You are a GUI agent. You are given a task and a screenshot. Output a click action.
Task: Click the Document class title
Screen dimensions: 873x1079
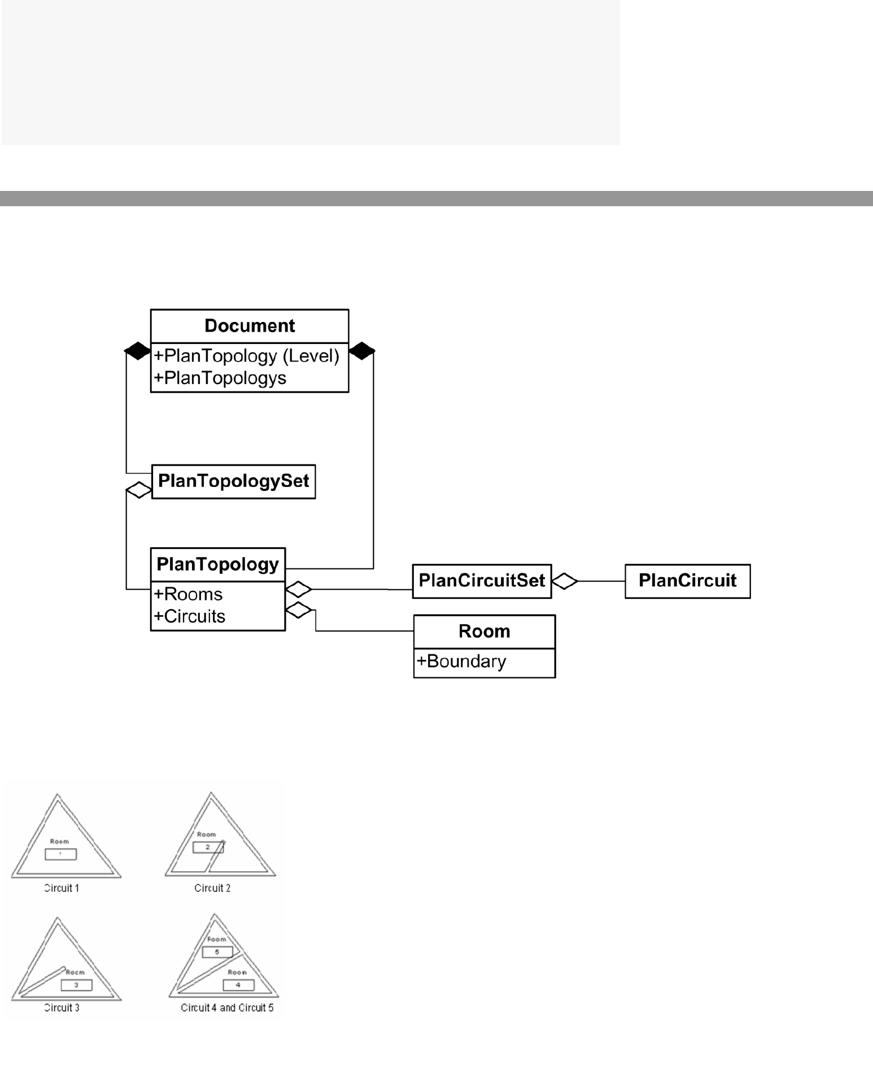[250, 326]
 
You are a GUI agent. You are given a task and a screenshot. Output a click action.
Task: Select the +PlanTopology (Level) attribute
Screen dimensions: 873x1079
[247, 356]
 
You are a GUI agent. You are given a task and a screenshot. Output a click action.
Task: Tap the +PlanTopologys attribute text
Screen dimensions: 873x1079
[220, 378]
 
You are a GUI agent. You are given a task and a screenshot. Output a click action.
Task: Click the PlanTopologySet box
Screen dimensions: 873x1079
[233, 481]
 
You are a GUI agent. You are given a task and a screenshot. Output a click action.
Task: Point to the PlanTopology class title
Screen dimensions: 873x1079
[217, 564]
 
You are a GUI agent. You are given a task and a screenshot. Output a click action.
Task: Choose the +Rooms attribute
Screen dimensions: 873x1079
[188, 594]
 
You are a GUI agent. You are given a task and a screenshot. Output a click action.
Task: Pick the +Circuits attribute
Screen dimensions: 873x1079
[190, 616]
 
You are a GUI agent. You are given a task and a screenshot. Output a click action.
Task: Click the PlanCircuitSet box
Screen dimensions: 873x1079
[482, 581]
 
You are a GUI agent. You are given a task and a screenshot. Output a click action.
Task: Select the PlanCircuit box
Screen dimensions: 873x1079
[687, 581]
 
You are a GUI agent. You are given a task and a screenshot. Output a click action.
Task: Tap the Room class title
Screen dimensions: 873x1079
[484, 631]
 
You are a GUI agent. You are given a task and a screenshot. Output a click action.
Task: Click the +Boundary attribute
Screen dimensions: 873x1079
[461, 662]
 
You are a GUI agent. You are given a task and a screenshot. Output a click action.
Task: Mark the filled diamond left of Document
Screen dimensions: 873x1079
[137, 351]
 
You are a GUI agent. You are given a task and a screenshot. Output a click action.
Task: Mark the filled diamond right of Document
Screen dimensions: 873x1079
[362, 351]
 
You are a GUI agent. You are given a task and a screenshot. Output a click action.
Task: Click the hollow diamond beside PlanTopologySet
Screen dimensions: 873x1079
[139, 489]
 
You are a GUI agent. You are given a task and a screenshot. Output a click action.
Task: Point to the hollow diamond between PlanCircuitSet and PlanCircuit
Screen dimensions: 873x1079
[565, 581]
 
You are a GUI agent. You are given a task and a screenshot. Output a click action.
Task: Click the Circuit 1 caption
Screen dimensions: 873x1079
[62, 889]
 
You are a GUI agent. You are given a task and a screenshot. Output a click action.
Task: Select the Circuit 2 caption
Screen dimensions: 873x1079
[212, 889]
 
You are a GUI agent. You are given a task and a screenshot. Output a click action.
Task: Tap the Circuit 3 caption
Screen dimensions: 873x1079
[62, 1008]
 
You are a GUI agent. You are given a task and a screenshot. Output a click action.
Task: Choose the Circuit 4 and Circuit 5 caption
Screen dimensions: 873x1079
[227, 1008]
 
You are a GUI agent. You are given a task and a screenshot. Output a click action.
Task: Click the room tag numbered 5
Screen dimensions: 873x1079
[217, 952]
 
